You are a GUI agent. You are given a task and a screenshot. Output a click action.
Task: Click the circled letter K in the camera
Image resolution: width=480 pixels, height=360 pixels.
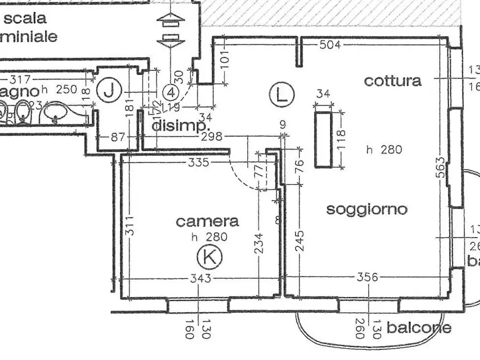coord(210,257)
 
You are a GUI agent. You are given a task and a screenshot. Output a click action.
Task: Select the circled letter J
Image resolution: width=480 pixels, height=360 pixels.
coord(110,91)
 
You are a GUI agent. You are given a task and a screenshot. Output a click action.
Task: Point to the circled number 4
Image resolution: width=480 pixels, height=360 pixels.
coord(171,92)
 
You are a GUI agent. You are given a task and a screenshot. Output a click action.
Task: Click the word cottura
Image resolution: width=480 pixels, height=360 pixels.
coord(392,81)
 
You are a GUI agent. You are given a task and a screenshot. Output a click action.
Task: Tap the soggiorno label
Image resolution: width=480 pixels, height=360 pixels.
coord(367,209)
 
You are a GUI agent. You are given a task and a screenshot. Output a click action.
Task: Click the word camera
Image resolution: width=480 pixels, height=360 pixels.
coord(207,221)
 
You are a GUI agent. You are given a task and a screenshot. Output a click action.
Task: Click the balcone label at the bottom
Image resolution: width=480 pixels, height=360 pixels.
coord(419,327)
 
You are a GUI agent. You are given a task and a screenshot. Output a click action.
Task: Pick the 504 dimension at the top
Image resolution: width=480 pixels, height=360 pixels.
coord(330,45)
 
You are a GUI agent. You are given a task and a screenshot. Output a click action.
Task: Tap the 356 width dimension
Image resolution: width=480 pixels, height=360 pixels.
coord(368,277)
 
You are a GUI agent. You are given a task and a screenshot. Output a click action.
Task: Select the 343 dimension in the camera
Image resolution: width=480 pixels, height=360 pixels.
coord(200,278)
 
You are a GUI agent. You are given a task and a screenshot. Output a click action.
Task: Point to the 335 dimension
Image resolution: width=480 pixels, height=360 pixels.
coord(198,162)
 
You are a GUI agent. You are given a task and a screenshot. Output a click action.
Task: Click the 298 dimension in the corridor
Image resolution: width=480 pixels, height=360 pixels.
coord(211,137)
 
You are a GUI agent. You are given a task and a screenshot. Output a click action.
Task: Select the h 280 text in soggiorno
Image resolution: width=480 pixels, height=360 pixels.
coord(384,150)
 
